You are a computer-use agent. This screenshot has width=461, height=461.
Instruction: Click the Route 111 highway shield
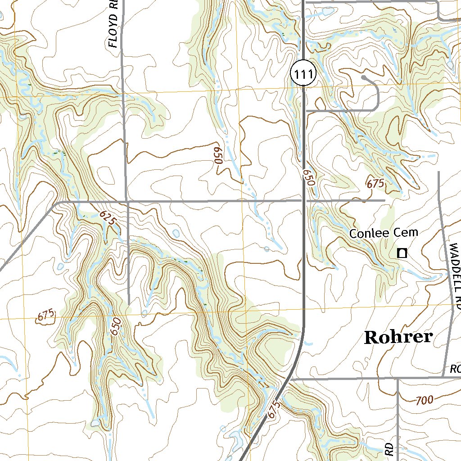point(304,72)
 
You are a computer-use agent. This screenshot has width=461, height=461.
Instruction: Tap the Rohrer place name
point(398,337)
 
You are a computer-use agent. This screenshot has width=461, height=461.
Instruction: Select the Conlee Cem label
point(384,233)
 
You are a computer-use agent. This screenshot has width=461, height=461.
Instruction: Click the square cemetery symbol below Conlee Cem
point(402,253)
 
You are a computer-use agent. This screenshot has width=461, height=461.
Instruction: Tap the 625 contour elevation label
point(108,219)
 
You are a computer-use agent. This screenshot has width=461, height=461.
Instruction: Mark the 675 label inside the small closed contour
point(46,316)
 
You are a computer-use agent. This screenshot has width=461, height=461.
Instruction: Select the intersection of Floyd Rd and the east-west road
point(127,201)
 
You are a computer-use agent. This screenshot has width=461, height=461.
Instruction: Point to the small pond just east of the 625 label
point(175,234)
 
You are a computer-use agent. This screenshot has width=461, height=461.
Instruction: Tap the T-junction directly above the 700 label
point(398,379)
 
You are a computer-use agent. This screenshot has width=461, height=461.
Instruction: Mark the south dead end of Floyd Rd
point(129,304)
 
